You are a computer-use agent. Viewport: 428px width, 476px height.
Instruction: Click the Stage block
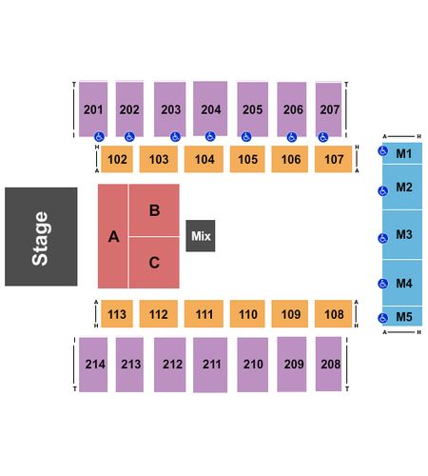point(41,236)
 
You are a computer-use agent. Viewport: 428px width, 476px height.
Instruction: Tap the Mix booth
point(201,236)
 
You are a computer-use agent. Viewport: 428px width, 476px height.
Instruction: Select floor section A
point(113,236)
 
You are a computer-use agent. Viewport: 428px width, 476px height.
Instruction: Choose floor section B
point(154,209)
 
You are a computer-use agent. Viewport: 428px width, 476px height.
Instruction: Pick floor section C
point(154,263)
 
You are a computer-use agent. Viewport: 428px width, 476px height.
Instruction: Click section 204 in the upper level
point(210,109)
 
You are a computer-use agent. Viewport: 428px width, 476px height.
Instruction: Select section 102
point(117,159)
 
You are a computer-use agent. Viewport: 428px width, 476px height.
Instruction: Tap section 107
point(333,159)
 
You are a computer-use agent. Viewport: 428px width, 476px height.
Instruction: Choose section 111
point(204,314)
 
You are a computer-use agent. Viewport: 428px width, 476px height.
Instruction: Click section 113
point(117,314)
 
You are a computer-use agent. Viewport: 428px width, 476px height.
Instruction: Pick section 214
point(93,365)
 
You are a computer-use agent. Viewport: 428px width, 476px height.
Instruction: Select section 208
point(328,364)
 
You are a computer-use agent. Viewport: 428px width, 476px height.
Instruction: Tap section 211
point(210,365)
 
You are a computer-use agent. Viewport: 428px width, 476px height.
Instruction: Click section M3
point(402,235)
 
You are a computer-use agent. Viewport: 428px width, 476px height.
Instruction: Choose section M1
point(402,153)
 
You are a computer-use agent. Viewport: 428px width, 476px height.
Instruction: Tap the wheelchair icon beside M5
point(383,318)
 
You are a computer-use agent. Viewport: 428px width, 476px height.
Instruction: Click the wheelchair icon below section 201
point(99,137)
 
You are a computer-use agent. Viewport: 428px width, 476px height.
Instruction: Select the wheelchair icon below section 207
point(323,137)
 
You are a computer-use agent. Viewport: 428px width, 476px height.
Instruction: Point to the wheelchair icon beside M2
point(383,191)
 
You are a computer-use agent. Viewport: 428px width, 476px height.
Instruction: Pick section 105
point(247,159)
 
